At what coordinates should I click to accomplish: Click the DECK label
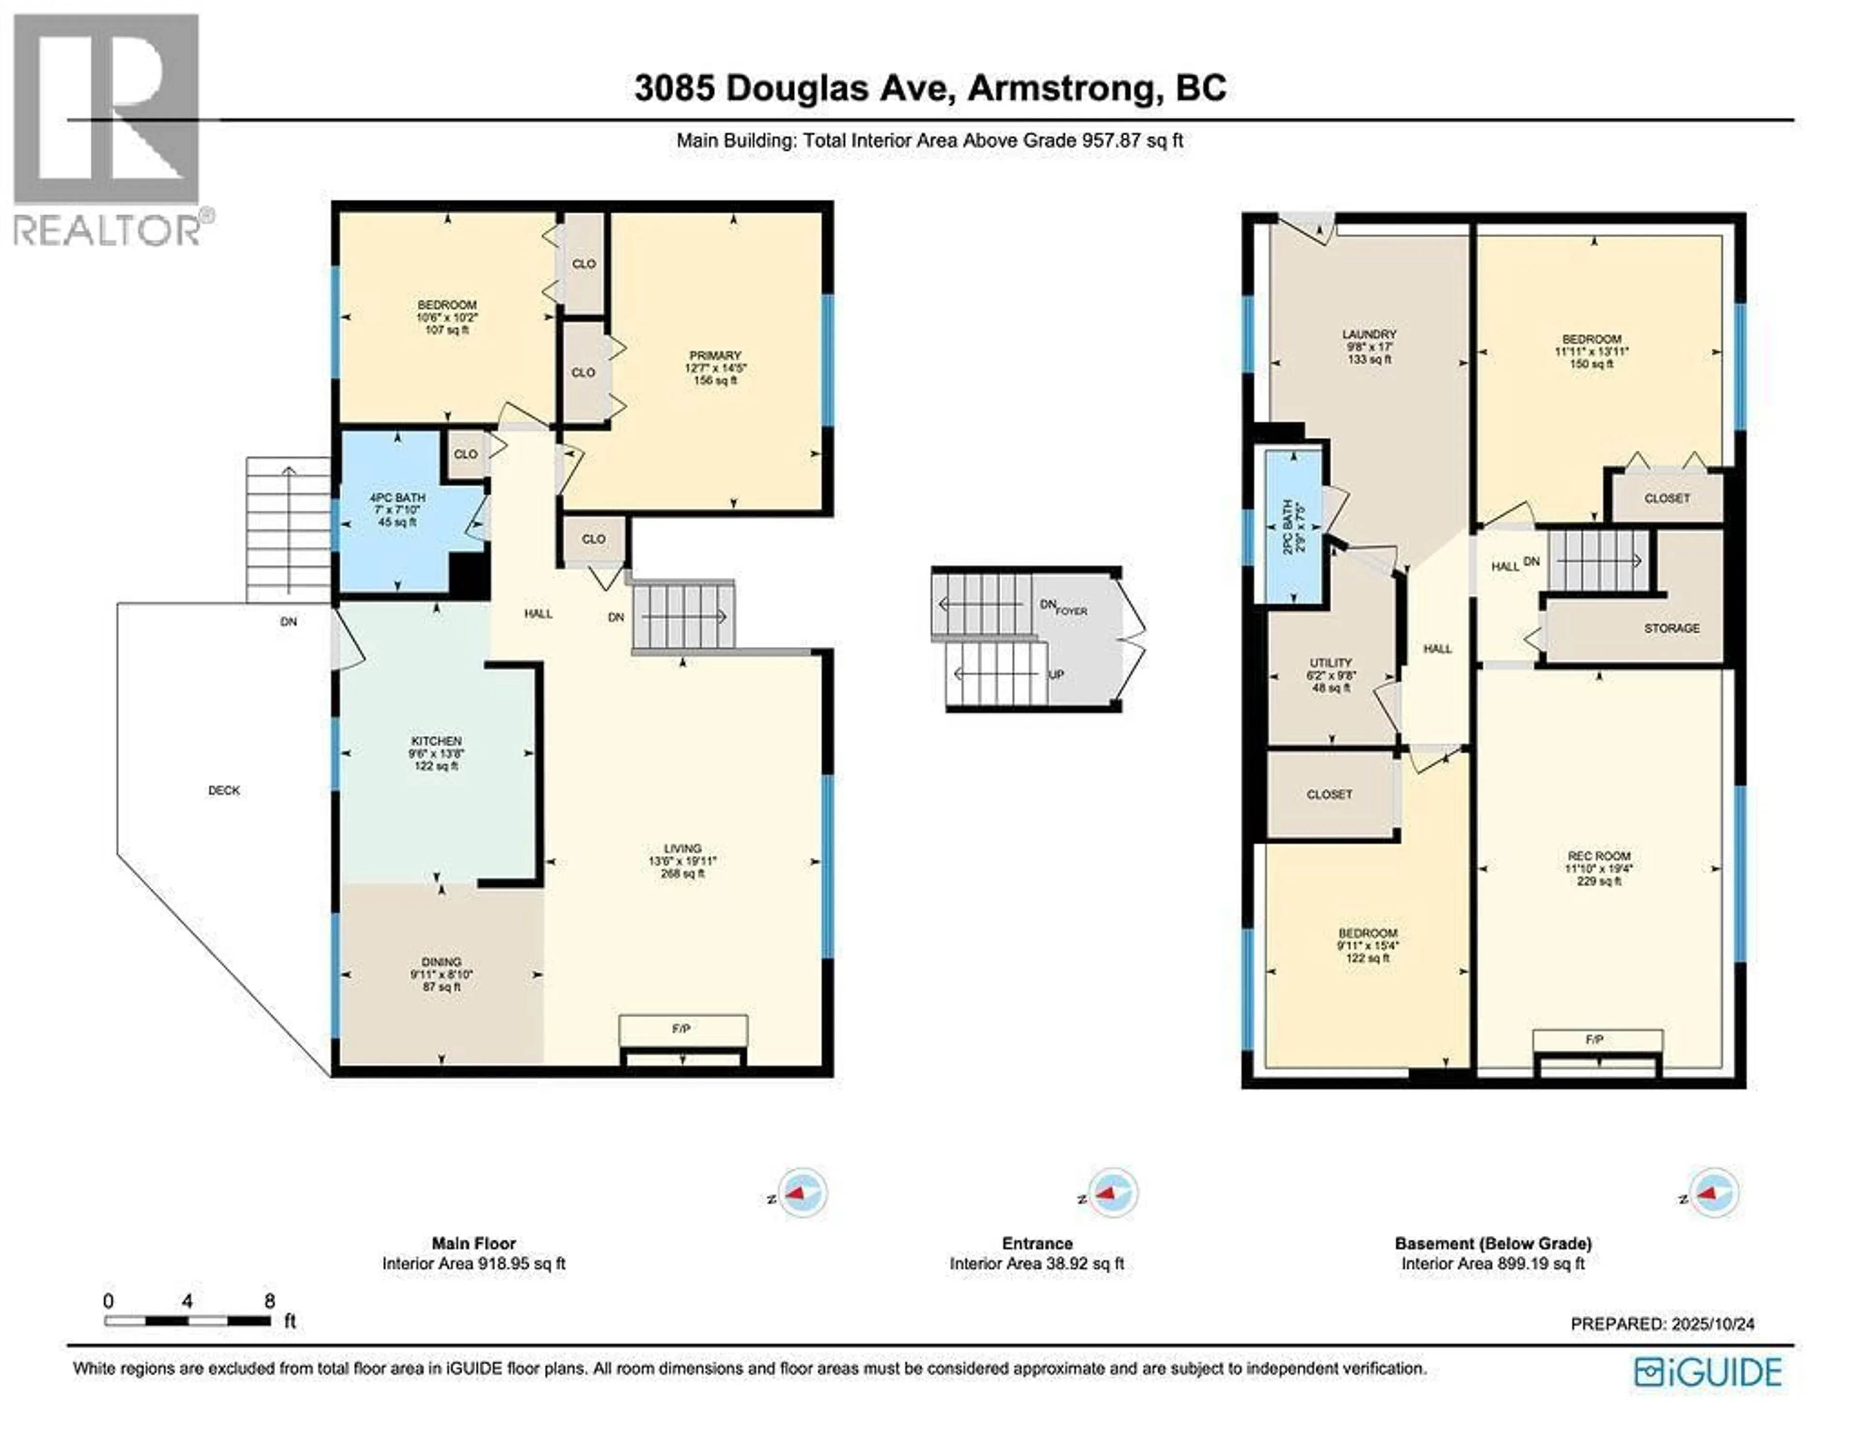(x=224, y=790)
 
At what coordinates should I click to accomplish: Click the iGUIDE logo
(x=1708, y=1373)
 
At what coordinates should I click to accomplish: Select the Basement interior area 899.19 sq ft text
(x=1492, y=1263)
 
